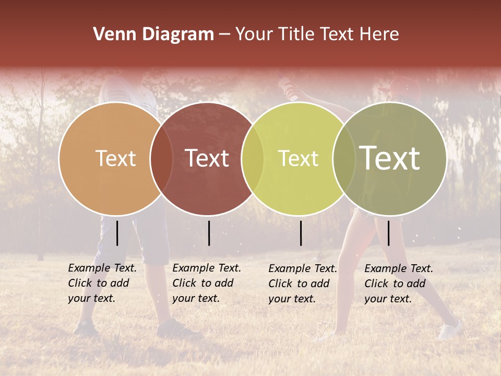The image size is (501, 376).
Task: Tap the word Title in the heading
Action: click(x=297, y=34)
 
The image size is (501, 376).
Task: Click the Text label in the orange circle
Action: click(x=115, y=158)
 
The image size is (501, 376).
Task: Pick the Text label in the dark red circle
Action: click(x=207, y=158)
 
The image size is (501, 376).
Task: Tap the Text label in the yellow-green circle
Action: click(x=298, y=158)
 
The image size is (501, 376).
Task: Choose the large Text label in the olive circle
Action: click(x=390, y=158)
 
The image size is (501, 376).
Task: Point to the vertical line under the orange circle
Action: click(x=117, y=233)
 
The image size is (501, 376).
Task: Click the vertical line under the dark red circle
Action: click(x=209, y=233)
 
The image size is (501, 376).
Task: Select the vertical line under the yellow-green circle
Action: click(x=301, y=233)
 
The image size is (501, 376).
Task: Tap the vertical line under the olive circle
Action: click(x=388, y=233)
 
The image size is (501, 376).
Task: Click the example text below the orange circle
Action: click(x=102, y=283)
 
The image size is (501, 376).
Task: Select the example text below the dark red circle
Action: click(x=206, y=283)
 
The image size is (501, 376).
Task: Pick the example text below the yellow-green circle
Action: click(x=302, y=284)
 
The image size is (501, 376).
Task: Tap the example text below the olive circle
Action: click(x=398, y=284)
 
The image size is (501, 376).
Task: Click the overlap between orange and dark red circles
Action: click(x=161, y=158)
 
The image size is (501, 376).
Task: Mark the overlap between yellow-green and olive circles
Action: click(x=344, y=158)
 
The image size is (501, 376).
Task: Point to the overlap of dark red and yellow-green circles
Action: click(x=253, y=158)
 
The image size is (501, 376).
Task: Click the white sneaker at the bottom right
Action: click(x=450, y=331)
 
